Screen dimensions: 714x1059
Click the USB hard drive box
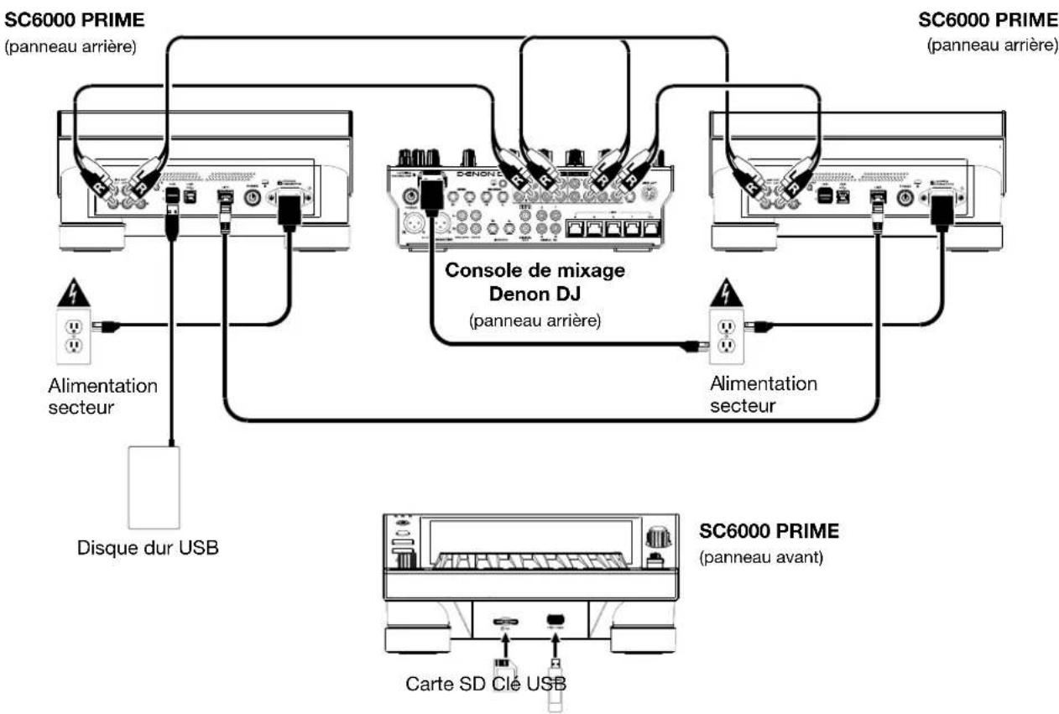point(154,486)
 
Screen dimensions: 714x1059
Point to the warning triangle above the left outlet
point(73,291)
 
